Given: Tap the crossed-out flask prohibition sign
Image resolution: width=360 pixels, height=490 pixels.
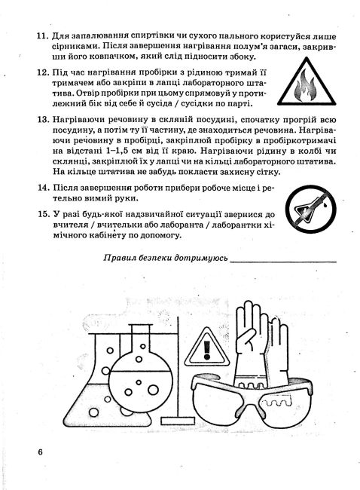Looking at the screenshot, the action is coord(310,209).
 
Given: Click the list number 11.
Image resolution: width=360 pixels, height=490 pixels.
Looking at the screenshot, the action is coord(43,36).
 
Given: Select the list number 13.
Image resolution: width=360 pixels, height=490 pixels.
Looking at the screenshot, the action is coord(43,120).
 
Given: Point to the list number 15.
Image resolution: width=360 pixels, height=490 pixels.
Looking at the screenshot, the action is coord(44,214).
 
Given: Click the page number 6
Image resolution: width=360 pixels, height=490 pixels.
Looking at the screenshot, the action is coord(40,452).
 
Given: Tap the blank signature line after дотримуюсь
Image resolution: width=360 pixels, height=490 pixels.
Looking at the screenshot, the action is coord(283,262).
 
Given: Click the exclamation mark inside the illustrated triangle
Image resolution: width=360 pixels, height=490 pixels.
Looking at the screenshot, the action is coord(206,350).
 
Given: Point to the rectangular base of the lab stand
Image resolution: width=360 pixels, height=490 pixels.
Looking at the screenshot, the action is coord(178,421).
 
